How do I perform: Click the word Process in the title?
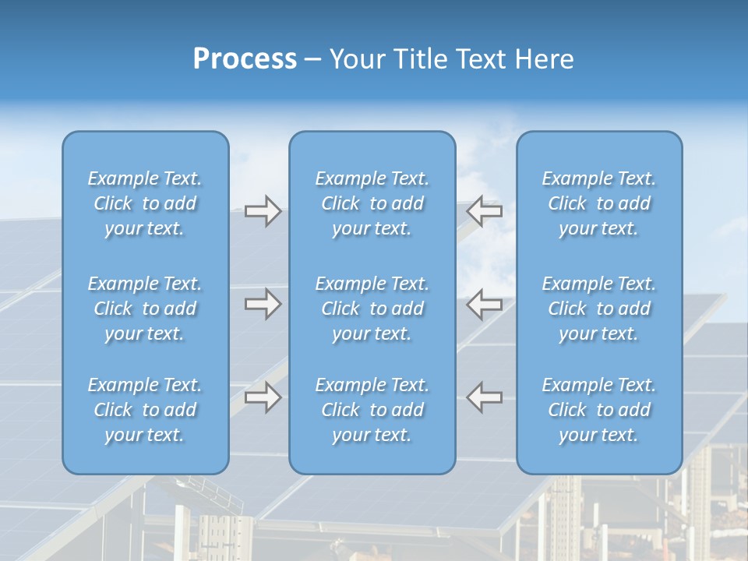tap(245, 59)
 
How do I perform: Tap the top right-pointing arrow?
tap(263, 211)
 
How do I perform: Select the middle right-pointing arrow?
tap(263, 304)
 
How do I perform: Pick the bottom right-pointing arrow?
tap(263, 397)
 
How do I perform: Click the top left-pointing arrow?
tap(485, 210)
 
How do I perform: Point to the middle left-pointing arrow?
tap(485, 304)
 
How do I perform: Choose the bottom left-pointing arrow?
tap(485, 397)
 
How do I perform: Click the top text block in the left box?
tap(145, 203)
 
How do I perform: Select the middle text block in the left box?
tap(145, 309)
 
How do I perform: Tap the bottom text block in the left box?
tap(145, 410)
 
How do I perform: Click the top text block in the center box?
tap(372, 203)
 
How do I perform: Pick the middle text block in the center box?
tap(372, 309)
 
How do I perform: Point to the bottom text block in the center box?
tap(372, 410)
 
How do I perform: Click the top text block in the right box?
tap(599, 203)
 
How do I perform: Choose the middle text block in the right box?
tap(599, 309)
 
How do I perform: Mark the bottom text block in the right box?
tap(599, 410)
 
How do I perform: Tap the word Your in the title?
tap(355, 59)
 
